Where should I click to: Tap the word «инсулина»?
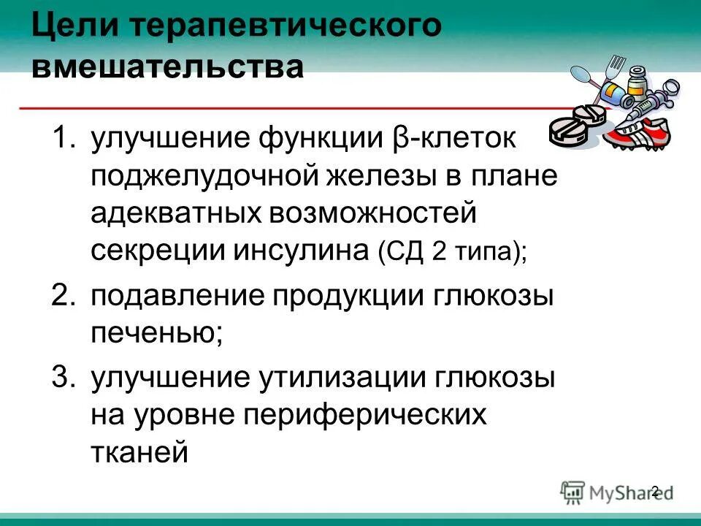click(x=302, y=251)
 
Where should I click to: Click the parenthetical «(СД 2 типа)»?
click(x=452, y=253)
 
